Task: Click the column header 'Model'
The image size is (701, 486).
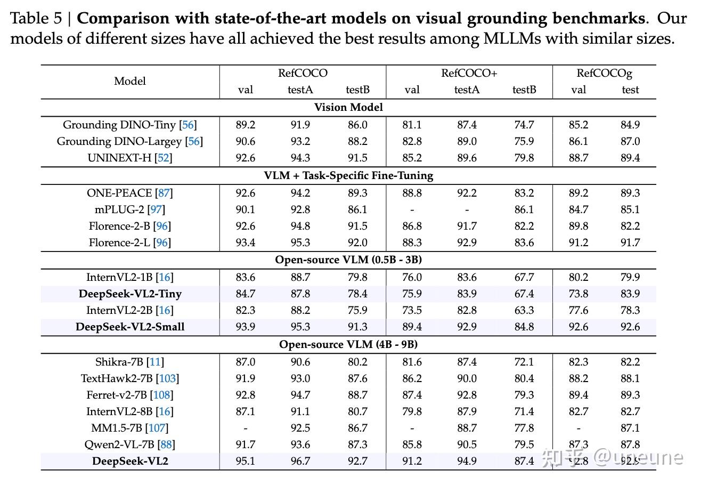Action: [x=130, y=82]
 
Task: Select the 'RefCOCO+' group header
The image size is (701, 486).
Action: [x=469, y=73]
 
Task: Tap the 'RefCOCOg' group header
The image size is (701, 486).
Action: [x=604, y=73]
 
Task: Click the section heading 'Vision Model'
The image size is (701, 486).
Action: [x=348, y=107]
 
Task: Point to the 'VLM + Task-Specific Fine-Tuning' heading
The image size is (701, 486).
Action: [x=348, y=175]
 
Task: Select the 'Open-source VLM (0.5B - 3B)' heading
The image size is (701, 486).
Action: [x=348, y=260]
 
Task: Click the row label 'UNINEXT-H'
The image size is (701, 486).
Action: [x=130, y=158]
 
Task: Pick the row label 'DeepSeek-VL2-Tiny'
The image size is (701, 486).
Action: [x=130, y=294]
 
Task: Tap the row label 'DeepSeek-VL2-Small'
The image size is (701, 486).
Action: [x=130, y=327]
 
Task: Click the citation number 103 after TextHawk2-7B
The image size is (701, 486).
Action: [x=167, y=378]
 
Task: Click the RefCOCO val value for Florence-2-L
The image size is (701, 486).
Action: [x=245, y=242]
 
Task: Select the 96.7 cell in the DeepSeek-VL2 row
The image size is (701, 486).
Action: [x=300, y=461]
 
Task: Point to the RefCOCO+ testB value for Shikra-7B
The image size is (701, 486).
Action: [x=524, y=362]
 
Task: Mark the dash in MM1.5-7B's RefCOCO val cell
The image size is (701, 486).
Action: [x=245, y=428]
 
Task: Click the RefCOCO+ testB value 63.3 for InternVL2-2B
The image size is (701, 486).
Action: [x=524, y=310]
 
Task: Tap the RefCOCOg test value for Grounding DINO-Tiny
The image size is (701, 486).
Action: [x=630, y=125]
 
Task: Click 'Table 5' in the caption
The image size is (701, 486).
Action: [x=36, y=19]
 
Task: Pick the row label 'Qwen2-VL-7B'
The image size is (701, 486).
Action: [x=129, y=444]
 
